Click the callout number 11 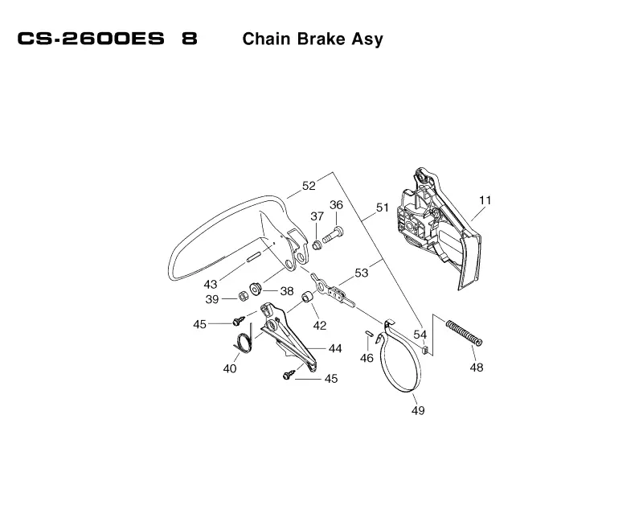485,200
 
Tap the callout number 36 336,205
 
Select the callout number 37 317,216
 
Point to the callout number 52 309,186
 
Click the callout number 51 383,208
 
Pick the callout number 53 361,273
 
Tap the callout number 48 477,368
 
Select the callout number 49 418,410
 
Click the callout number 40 230,369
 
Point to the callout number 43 211,285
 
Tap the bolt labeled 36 333,235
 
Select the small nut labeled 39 244,296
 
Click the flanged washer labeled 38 256,288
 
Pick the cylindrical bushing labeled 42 307,297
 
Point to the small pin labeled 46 368,332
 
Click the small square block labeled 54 426,350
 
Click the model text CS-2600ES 91,39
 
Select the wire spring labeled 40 244,342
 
